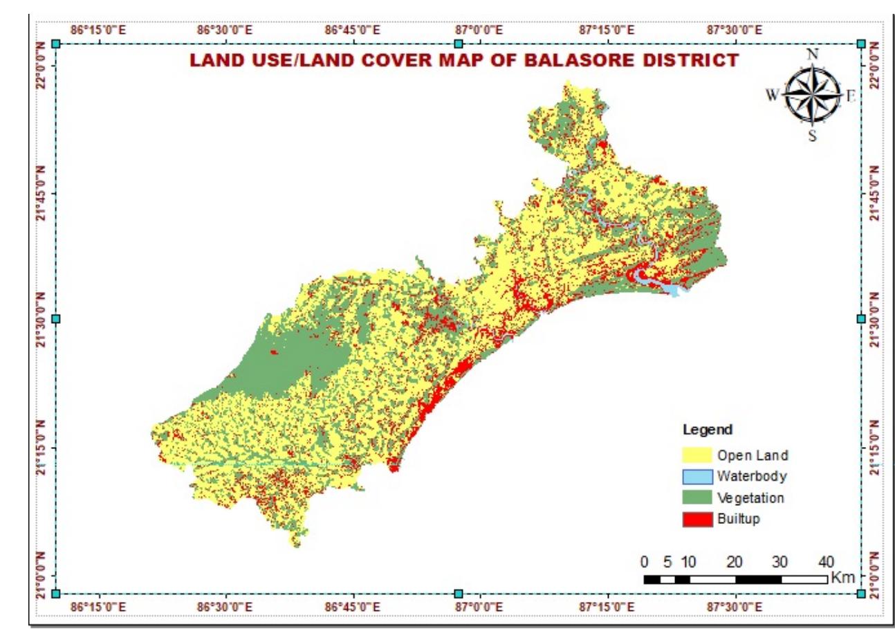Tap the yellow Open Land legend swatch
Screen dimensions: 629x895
pos(696,455)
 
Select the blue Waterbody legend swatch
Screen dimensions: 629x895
pos(696,476)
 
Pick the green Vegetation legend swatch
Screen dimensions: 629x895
pos(696,498)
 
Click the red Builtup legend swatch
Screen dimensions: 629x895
pos(696,518)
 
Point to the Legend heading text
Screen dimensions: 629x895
pos(708,430)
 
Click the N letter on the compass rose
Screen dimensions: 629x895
pos(813,54)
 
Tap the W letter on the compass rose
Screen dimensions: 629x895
pos(772,95)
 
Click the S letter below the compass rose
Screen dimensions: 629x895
pos(813,136)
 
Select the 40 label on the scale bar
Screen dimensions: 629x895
pos(826,561)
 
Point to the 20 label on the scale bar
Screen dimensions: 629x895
pos(735,561)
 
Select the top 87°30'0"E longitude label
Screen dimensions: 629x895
pos(734,30)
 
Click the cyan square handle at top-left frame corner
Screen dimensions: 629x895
pos(56,44)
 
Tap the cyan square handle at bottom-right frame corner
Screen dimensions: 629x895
pos(861,594)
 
